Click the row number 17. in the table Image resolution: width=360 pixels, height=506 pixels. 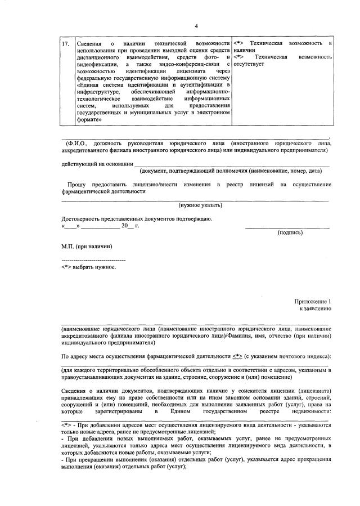point(66,43)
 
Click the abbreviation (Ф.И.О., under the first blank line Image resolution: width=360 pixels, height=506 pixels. point(76,144)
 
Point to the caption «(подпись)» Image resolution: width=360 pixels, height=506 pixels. point(290,232)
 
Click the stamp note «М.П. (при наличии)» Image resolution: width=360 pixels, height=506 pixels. point(87,246)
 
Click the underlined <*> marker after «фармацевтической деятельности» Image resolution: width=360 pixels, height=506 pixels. point(237,356)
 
